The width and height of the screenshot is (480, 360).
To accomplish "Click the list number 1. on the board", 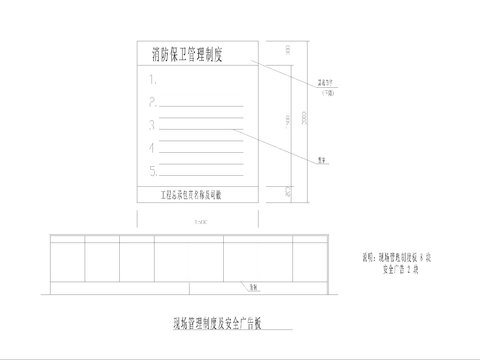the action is pyautogui.click(x=152, y=78).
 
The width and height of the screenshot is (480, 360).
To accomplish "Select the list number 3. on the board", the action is pyautogui.click(x=152, y=125).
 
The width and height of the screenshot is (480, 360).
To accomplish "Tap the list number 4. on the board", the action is pyautogui.click(x=152, y=148).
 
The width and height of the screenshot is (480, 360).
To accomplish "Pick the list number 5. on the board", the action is pyautogui.click(x=152, y=171).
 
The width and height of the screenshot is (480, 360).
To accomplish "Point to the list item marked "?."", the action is pyautogui.click(x=152, y=101).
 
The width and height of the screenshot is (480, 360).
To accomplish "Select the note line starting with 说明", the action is pyautogui.click(x=397, y=259).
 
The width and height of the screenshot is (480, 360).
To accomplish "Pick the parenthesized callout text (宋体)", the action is pyautogui.click(x=323, y=93).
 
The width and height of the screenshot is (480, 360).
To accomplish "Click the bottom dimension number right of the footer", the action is pyautogui.click(x=286, y=189).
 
